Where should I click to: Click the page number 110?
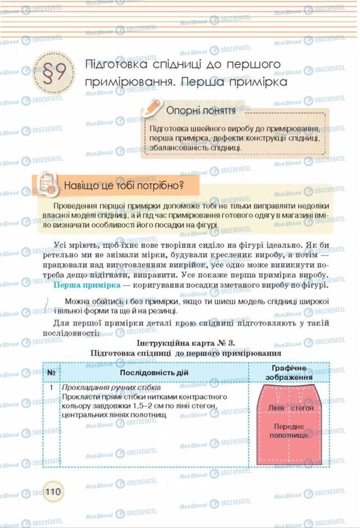point(52,491)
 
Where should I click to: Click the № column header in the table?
point(51,372)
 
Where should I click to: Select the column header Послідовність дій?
point(154,372)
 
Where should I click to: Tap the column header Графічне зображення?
point(289,372)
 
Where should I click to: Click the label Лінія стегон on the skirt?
point(291,407)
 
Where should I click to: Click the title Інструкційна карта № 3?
point(186,343)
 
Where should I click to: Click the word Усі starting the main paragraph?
point(61,245)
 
